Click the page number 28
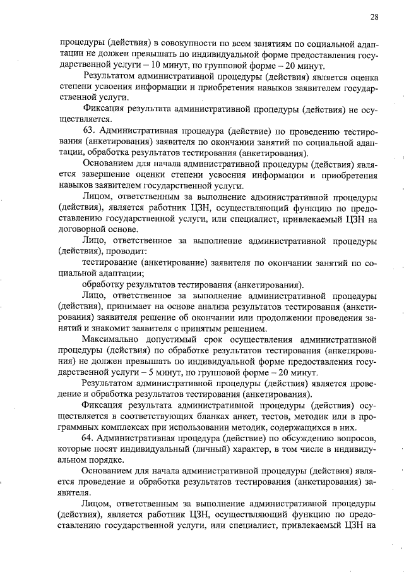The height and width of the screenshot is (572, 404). coord(374,17)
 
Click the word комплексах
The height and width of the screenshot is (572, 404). coord(119,427)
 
